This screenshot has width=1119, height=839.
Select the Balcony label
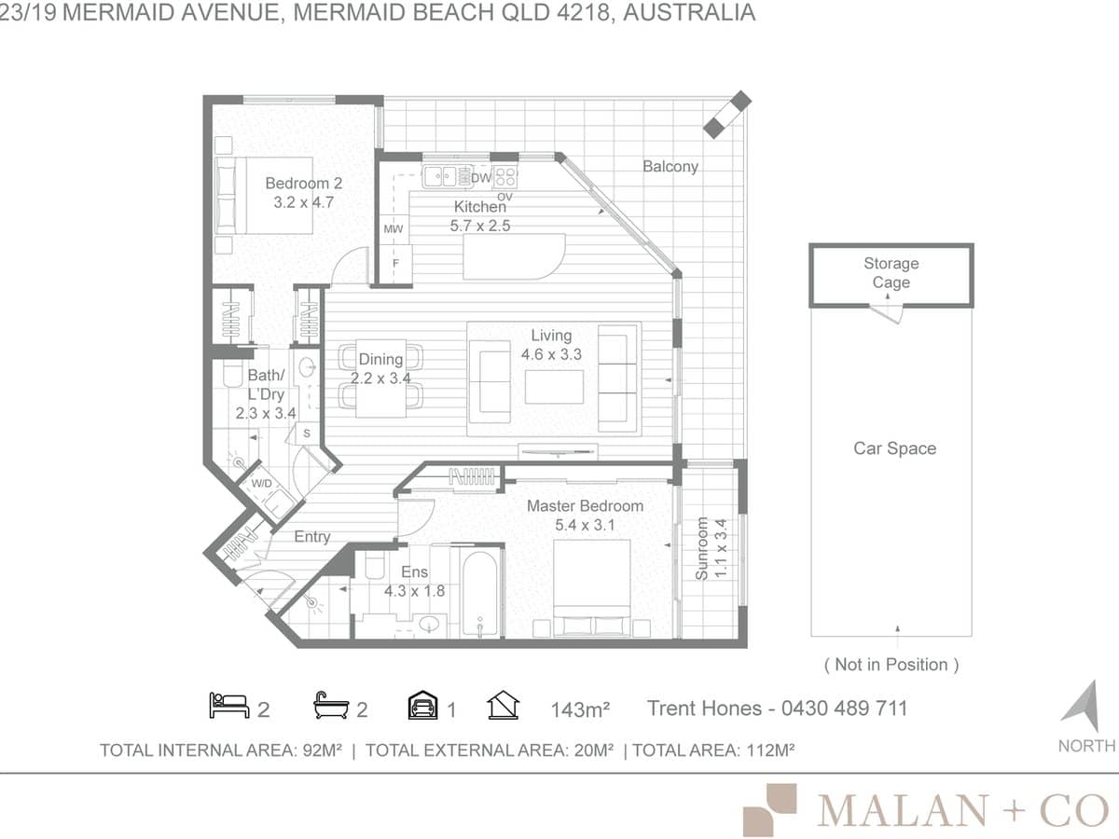pyautogui.click(x=670, y=166)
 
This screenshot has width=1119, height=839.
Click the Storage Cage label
pyautogui.click(x=891, y=273)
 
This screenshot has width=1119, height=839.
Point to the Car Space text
pyautogui.click(x=894, y=448)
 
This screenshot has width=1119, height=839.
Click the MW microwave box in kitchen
pyautogui.click(x=393, y=228)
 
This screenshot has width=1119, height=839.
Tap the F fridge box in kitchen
pyautogui.click(x=395, y=263)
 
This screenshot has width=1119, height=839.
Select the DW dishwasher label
pyautogui.click(x=481, y=178)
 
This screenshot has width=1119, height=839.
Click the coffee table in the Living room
pyautogui.click(x=554, y=386)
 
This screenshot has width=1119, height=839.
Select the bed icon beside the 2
pyautogui.click(x=228, y=707)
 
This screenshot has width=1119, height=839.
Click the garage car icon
pyautogui.click(x=423, y=707)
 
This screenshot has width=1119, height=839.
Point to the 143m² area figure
pyautogui.click(x=580, y=709)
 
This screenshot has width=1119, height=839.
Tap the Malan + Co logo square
pyautogui.click(x=769, y=809)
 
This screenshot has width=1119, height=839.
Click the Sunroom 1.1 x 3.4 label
pyautogui.click(x=711, y=550)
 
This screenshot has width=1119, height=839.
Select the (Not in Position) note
pyautogui.click(x=891, y=665)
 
